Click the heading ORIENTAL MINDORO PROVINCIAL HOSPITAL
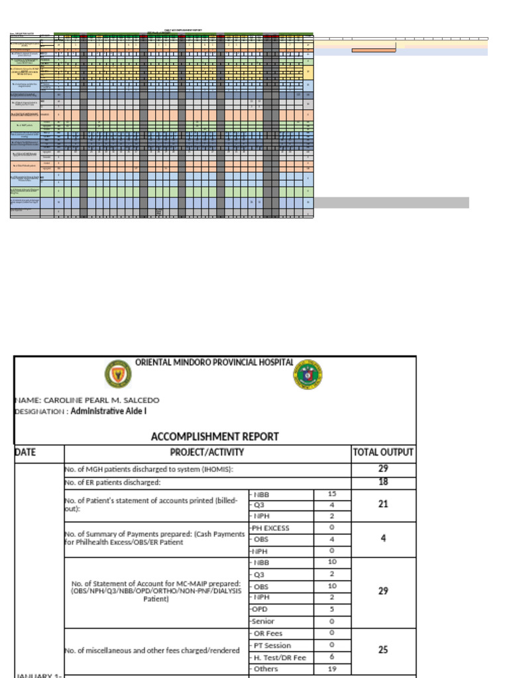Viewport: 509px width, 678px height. point(214,362)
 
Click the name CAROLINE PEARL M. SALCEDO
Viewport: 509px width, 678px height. point(87,400)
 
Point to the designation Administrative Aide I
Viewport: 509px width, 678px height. point(109,411)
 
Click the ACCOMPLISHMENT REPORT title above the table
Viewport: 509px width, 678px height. point(215,436)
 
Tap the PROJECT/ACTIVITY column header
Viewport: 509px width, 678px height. point(207,453)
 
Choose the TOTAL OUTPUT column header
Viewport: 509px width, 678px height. point(383,453)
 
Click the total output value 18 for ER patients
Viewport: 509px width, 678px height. point(383,482)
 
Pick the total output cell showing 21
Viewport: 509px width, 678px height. point(383,505)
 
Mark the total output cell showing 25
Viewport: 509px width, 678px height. point(383,650)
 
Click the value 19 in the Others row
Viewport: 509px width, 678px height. point(331,669)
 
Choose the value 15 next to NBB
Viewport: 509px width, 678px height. point(331,494)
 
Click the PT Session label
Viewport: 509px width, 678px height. point(270,645)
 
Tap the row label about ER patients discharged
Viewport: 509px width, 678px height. point(113,482)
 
